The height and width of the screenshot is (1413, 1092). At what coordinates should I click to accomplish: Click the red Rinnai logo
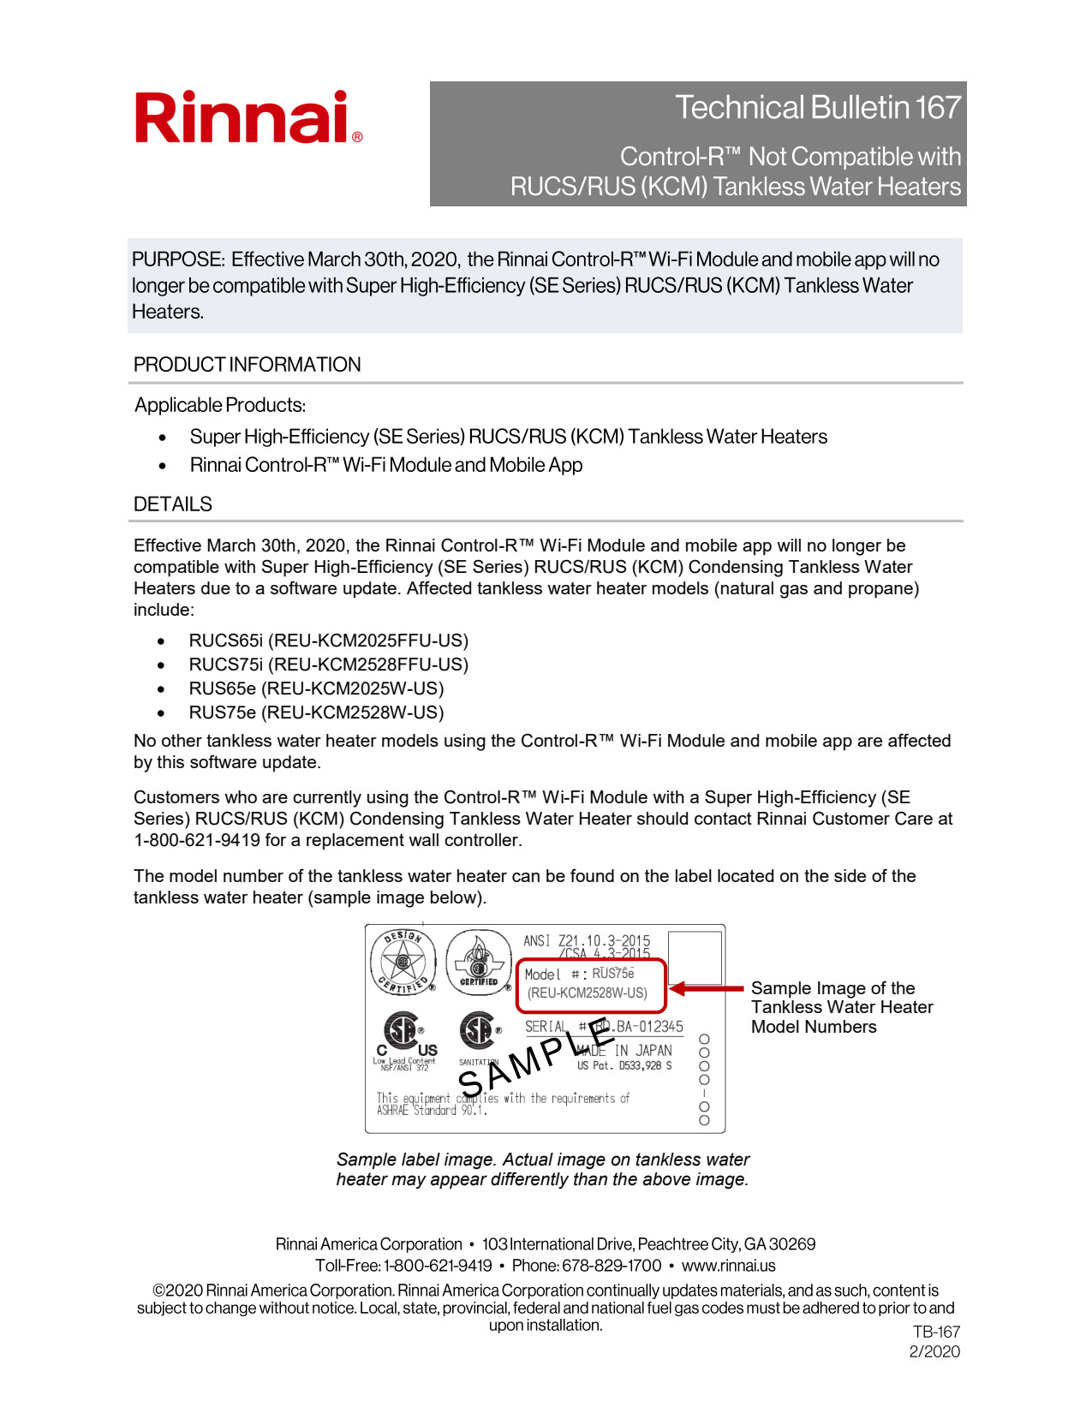click(x=248, y=118)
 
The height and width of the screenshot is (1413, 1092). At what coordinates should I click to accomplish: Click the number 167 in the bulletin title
click(x=937, y=108)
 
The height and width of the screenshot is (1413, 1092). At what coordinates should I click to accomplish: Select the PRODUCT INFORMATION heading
click(x=247, y=365)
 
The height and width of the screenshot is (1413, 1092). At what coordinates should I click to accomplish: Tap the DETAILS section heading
click(x=172, y=504)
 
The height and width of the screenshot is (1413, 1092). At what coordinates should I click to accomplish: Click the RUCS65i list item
click(x=328, y=641)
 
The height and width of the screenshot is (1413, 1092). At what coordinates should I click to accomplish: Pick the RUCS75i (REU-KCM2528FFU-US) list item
click(x=328, y=665)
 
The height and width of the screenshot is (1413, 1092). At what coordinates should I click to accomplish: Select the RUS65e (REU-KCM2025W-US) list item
click(x=316, y=689)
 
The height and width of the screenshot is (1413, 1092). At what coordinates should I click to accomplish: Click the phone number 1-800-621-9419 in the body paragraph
click(x=197, y=840)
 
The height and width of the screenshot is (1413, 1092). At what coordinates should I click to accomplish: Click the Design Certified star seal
click(x=403, y=962)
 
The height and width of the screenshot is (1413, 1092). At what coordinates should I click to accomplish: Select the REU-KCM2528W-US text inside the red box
click(x=588, y=993)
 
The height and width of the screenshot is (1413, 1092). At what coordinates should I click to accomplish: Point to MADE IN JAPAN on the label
click(x=624, y=1051)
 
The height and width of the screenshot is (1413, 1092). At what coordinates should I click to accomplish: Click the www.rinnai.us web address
click(x=728, y=1266)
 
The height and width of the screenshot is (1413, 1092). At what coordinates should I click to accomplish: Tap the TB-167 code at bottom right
click(x=936, y=1333)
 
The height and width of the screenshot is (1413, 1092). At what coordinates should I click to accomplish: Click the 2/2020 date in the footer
click(x=934, y=1352)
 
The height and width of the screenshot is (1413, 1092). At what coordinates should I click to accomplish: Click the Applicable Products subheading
click(x=220, y=405)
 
